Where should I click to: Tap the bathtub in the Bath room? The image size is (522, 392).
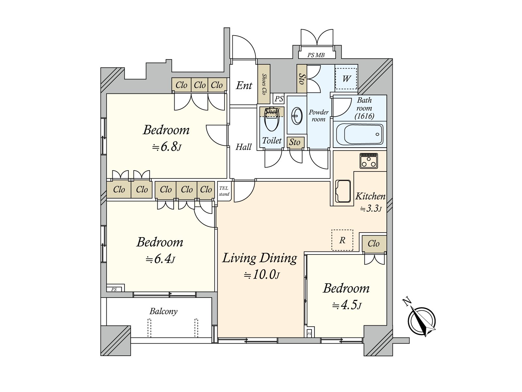click(x=360, y=134)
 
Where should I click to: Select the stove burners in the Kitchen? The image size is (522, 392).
click(x=369, y=161)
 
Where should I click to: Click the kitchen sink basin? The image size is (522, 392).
click(x=343, y=191)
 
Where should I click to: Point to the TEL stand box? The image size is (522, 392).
click(x=224, y=191)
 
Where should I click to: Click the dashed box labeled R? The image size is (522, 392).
click(x=342, y=240)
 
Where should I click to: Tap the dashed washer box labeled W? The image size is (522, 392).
click(x=346, y=78)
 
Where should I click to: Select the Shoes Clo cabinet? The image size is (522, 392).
click(x=264, y=84)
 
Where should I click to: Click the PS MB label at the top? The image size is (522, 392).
click(x=316, y=55)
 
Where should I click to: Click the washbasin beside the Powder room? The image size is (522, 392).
click(x=297, y=116)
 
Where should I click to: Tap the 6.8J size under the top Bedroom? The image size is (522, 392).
click(x=166, y=147)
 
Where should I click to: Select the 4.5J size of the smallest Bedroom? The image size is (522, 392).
click(x=346, y=305)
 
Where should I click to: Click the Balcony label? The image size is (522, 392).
click(x=163, y=311)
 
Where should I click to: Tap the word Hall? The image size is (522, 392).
click(x=243, y=147)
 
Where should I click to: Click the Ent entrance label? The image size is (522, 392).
click(x=244, y=86)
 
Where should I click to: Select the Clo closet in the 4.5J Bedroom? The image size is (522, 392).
click(x=374, y=243)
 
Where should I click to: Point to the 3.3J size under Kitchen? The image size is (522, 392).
click(x=371, y=209)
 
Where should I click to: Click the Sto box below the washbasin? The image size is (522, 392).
click(x=295, y=142)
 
